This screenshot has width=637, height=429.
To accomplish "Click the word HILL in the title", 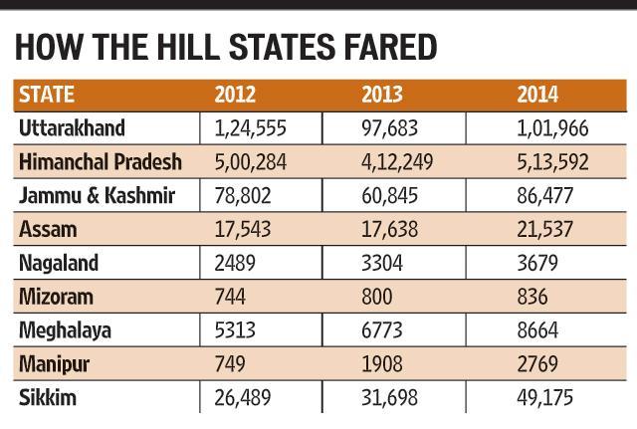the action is (188, 48).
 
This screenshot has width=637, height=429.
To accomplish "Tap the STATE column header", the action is (47, 95).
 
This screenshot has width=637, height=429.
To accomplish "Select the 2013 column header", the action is (382, 95).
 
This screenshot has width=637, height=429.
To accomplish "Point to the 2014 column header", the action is (537, 95).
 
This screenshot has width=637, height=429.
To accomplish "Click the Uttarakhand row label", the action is (72, 128).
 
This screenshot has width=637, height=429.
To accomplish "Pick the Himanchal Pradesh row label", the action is (101, 161).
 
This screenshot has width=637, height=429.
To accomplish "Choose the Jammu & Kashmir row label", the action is (98, 195).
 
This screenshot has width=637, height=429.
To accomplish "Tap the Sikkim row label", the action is (48, 397).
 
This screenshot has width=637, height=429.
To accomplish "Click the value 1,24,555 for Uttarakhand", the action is (250, 128).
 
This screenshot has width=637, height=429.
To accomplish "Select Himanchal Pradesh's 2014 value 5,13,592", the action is (552, 162).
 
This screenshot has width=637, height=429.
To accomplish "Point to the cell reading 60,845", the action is (389, 196).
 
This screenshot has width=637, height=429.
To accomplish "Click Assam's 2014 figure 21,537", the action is (544, 229).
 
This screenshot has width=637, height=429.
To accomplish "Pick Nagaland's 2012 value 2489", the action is (235, 263).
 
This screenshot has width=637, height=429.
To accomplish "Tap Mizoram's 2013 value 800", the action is (377, 297).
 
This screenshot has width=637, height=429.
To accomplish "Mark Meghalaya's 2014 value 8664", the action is (537, 330).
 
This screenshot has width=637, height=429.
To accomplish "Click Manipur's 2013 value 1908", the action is (382, 364).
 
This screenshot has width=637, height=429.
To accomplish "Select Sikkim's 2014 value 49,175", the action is (544, 398).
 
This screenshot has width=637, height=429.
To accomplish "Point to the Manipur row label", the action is (54, 364).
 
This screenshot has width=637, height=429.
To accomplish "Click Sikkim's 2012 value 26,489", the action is (243, 398).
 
